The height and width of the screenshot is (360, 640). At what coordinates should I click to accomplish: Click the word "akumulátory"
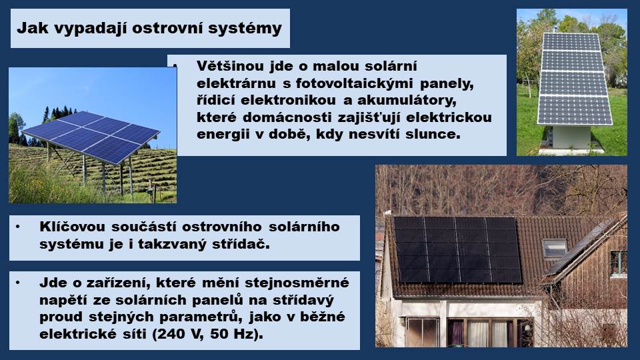point(407,101)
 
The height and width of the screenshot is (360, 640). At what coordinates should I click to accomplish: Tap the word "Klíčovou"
point(72,227)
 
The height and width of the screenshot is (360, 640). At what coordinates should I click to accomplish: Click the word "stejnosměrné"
point(297,283)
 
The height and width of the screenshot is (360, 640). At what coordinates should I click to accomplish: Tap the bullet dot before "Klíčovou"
point(17,227)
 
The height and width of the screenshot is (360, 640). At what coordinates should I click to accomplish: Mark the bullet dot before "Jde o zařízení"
point(17,283)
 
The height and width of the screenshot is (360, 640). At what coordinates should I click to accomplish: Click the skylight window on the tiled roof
point(555,248)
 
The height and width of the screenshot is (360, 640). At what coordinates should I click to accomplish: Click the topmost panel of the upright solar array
point(571,42)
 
